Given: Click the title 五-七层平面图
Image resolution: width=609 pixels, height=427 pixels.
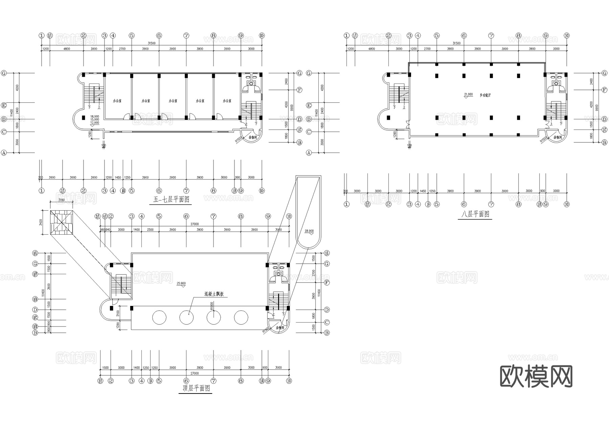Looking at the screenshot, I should [x=171, y=199].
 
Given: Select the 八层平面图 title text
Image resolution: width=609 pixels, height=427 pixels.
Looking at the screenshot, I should [x=475, y=214].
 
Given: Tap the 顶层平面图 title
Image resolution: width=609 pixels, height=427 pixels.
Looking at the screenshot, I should [x=196, y=388].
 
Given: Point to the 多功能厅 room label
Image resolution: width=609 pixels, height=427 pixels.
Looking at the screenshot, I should [x=485, y=95].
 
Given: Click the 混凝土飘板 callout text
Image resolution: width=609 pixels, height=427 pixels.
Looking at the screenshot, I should [x=214, y=294].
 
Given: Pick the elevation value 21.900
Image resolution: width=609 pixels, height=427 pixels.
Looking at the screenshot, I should [x=468, y=94].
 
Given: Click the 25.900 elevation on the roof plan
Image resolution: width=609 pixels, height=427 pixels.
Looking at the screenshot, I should [x=181, y=283].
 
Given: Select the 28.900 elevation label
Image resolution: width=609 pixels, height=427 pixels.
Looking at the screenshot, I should [x=309, y=231].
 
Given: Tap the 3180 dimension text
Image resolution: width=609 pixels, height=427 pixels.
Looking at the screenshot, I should [x=61, y=200].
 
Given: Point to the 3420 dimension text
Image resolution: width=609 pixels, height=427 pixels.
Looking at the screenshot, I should [x=41, y=222].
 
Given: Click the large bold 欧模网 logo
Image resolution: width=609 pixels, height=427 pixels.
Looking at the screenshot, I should [x=536, y=376].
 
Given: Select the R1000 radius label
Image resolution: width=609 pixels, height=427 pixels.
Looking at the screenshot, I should [x=212, y=306].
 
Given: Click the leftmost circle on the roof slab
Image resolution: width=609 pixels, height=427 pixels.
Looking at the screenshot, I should [x=159, y=317].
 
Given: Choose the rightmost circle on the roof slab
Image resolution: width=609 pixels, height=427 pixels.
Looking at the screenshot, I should [x=241, y=317].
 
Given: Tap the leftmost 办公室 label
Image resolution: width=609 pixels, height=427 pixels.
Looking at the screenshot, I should [x=117, y=101].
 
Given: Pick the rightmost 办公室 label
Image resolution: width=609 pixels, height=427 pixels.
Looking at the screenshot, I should [x=227, y=101].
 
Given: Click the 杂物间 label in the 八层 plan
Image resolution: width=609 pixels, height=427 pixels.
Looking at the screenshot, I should [x=558, y=137].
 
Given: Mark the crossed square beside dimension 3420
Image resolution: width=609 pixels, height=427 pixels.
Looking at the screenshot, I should [x=62, y=222].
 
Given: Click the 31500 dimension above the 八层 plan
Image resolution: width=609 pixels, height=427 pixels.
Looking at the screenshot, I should [x=456, y=43].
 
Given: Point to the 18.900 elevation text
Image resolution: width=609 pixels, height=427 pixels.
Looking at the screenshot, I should [x=94, y=116].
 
